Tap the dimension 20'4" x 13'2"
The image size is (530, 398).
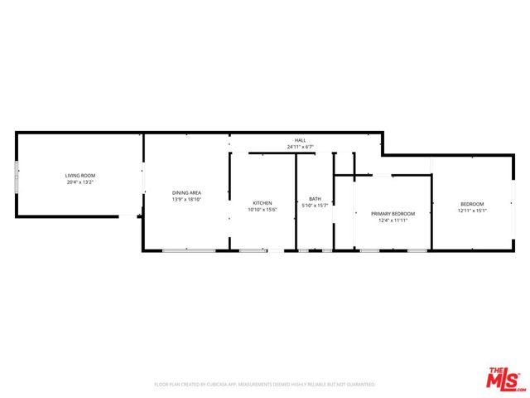(x=81, y=182)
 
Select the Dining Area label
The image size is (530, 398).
(x=187, y=192)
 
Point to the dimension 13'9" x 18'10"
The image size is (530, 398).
(x=187, y=199)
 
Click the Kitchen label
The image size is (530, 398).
(x=263, y=203)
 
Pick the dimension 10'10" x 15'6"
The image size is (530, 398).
(x=263, y=210)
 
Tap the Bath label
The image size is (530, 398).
(x=315, y=199)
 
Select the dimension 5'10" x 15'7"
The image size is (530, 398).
(x=315, y=206)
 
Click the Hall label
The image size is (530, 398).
(x=300, y=140)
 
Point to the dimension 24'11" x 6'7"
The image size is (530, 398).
(x=300, y=147)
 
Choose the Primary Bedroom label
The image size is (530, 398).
(x=393, y=214)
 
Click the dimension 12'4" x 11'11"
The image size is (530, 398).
(x=393, y=221)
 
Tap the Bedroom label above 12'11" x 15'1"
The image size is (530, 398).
(x=472, y=204)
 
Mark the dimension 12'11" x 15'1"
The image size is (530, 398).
(x=472, y=211)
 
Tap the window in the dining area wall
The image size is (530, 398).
(x=188, y=250)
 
